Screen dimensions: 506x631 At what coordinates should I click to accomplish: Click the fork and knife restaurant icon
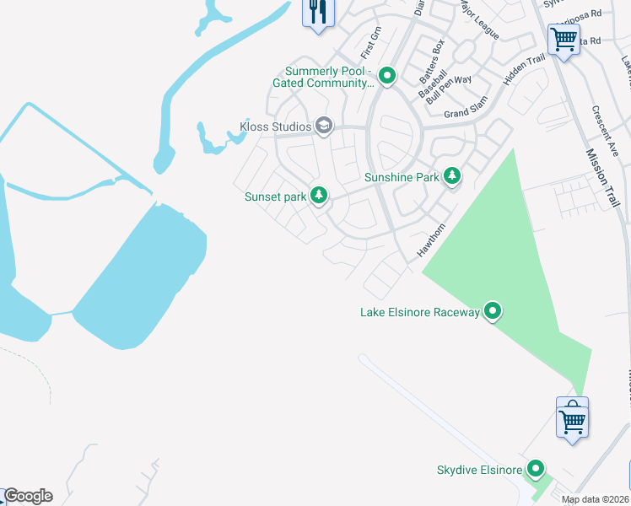coord(318,12)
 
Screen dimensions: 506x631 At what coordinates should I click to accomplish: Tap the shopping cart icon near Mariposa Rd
coord(563,38)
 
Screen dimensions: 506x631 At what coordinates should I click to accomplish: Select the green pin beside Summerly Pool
coord(387,77)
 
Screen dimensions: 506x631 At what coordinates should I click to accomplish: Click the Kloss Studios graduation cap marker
coord(323,126)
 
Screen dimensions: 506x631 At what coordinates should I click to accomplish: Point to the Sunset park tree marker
coord(318,196)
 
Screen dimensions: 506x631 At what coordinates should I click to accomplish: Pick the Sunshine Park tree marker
coord(452,176)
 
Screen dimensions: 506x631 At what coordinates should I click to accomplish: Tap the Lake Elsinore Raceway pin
coord(493,312)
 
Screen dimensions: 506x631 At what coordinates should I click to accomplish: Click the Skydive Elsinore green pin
coord(535,469)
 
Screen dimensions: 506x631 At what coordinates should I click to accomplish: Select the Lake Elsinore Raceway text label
coord(420,313)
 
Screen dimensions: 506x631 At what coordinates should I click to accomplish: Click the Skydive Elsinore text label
coord(479,470)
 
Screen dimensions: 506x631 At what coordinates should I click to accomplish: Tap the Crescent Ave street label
coord(607,132)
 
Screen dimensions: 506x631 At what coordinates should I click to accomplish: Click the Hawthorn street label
coord(431,241)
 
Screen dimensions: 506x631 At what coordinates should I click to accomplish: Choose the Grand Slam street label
coord(466,113)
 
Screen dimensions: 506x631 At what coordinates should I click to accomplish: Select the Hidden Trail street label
coord(524,71)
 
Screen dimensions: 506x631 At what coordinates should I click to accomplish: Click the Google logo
coord(28,496)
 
